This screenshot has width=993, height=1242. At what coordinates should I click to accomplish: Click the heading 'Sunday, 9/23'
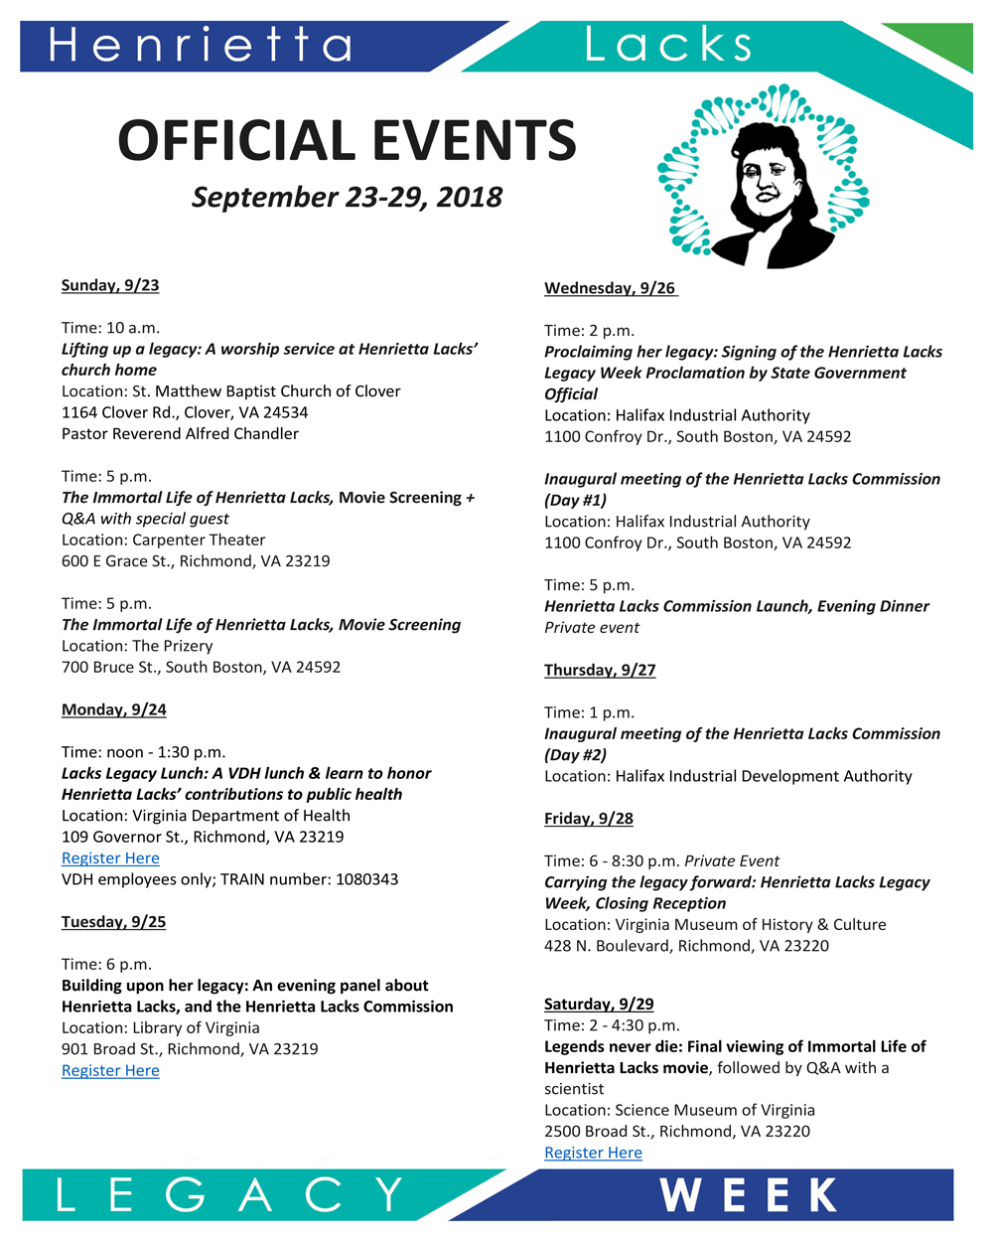click(110, 285)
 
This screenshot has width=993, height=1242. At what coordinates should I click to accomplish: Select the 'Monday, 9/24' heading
click(114, 709)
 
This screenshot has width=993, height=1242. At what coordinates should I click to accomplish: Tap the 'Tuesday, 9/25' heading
click(114, 922)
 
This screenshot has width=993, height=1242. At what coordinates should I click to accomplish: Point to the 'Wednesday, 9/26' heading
click(610, 288)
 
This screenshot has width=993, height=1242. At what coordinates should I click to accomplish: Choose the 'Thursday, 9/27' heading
click(600, 670)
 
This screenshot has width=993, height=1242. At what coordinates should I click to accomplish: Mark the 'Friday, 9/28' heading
click(589, 819)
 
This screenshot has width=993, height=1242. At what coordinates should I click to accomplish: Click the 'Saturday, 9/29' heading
click(599, 1004)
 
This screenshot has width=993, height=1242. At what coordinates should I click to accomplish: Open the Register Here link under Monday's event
click(110, 858)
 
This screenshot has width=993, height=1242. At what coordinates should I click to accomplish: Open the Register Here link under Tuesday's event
click(110, 1070)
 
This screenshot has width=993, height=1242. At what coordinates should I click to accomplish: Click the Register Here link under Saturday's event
click(593, 1153)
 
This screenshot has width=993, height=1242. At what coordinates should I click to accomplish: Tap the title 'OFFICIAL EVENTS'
click(347, 140)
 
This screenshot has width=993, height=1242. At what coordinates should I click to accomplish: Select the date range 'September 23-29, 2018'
click(347, 197)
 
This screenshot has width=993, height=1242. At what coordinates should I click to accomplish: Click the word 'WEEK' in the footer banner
click(750, 1195)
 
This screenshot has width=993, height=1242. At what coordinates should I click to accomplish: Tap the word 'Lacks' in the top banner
click(668, 45)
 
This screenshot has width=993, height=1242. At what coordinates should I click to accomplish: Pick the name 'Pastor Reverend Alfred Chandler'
click(180, 433)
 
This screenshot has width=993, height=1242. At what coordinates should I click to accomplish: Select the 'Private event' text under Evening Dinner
click(592, 628)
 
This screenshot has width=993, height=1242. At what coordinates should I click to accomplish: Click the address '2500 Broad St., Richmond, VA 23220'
click(677, 1131)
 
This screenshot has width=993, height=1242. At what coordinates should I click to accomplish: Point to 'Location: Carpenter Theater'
click(164, 540)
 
